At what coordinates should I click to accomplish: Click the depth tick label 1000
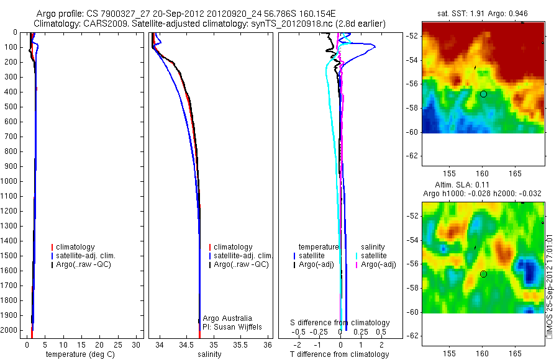tap(11, 181)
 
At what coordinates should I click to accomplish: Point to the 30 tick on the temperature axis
tap(138, 344)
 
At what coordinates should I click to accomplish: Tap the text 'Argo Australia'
tap(228, 318)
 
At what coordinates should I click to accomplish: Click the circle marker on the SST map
tap(483, 94)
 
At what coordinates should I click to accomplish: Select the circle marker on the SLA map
tap(483, 274)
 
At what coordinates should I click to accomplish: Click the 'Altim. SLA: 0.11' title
tap(483, 185)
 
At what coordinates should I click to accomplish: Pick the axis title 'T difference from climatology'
tap(340, 354)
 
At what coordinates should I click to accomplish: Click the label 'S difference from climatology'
tap(340, 323)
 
